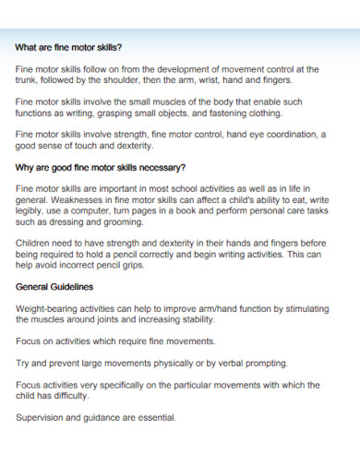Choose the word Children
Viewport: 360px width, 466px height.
[x=37, y=244]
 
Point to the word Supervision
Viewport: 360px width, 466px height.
[x=43, y=418]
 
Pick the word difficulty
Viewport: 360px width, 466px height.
[x=70, y=396]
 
